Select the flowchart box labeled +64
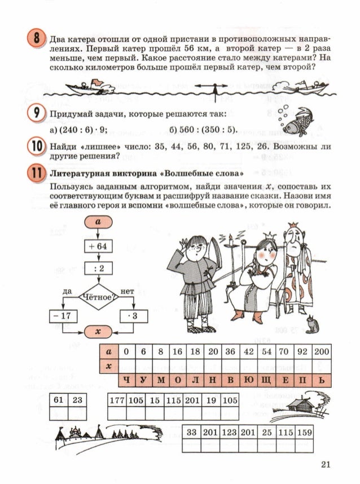tap(99, 246)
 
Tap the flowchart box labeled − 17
tap(62, 316)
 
